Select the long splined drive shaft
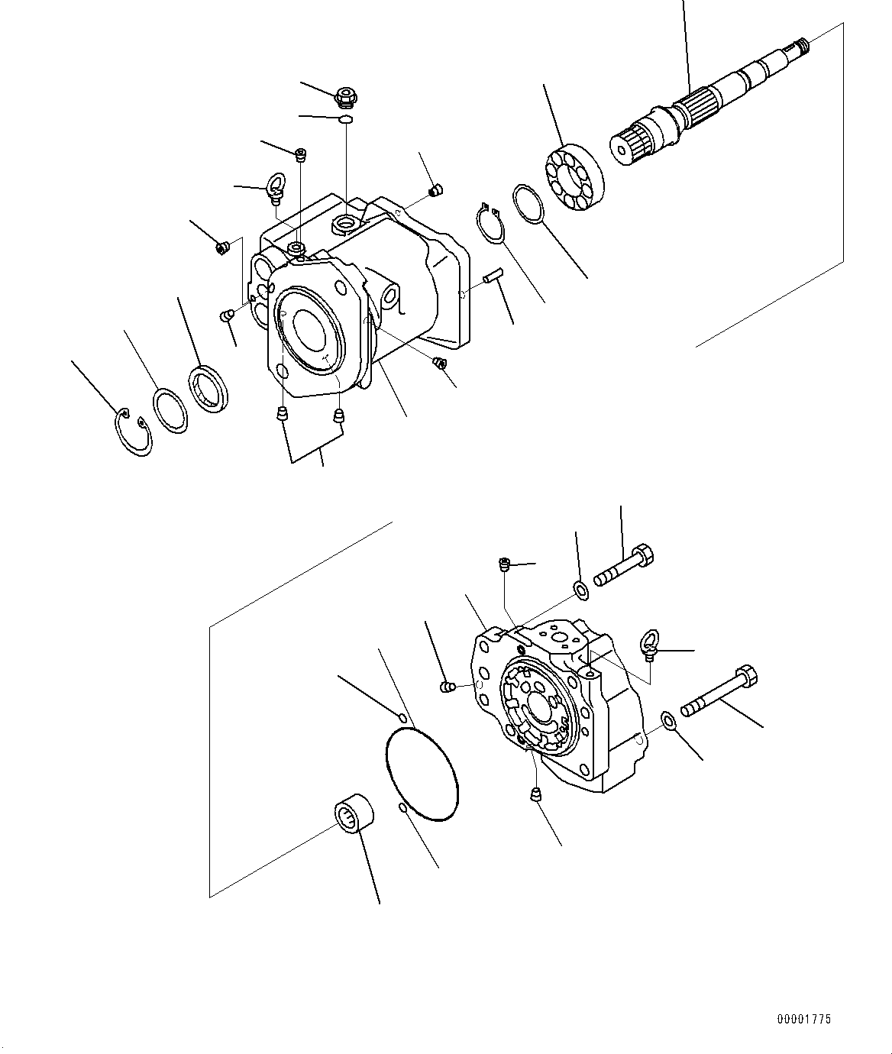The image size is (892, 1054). [x=712, y=102]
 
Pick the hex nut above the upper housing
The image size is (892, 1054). [x=346, y=96]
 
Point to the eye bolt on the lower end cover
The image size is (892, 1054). [x=651, y=645]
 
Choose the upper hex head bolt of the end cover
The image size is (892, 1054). [x=625, y=565]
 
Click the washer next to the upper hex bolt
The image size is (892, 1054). [x=580, y=590]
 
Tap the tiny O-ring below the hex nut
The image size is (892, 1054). [x=346, y=119]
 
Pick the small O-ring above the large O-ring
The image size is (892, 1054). [x=402, y=719]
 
